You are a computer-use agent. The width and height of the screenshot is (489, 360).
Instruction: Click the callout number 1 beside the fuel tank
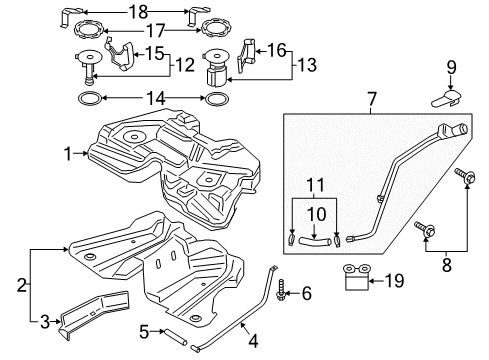pos(67,154)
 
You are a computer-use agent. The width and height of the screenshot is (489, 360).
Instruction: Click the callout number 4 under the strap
pos(252,341)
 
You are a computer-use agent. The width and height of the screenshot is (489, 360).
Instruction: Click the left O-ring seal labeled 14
pos(88,99)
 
